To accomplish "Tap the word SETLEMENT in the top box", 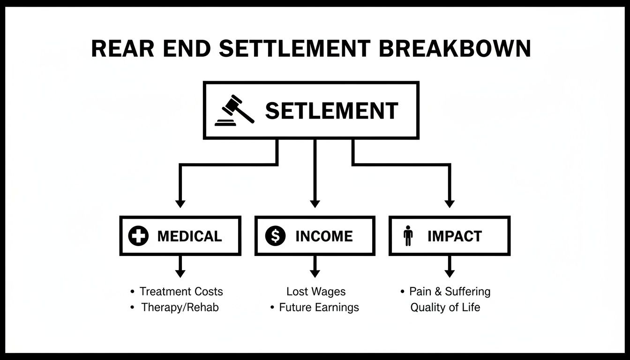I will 331,111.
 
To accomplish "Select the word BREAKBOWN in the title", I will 455,49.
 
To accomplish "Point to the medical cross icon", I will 138,236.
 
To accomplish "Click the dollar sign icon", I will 275,236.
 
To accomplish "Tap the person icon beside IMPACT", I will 408,236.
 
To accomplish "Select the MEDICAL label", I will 189,236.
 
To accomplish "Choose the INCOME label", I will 324,236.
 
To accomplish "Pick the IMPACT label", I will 454,236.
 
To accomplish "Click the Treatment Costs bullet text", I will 181,292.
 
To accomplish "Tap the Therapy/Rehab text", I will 180,307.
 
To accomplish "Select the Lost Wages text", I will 316,292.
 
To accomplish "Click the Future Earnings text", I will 319,307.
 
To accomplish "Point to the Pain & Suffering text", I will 450,292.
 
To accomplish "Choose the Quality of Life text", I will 445,307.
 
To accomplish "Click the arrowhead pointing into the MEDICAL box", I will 180,203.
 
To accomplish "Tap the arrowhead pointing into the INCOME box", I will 315,203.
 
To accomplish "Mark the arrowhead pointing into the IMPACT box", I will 450,203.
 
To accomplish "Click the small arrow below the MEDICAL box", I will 180,272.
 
